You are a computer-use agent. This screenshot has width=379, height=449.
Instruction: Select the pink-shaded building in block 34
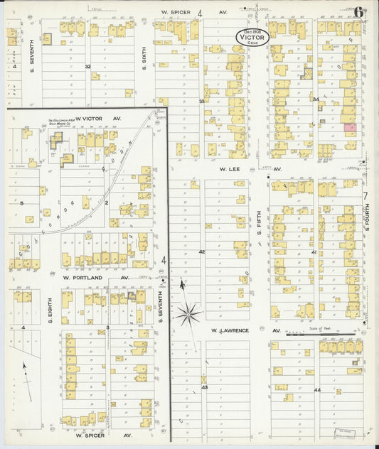350,126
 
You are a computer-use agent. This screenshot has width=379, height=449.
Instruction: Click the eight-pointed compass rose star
188,313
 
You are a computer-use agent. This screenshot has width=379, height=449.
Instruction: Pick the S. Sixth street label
143,66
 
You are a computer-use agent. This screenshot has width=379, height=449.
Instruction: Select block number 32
88,66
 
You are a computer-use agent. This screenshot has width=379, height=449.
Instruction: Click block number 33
201,102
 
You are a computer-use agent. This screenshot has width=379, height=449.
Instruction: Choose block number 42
201,252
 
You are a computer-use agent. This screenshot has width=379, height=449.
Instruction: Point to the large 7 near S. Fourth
365,195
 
